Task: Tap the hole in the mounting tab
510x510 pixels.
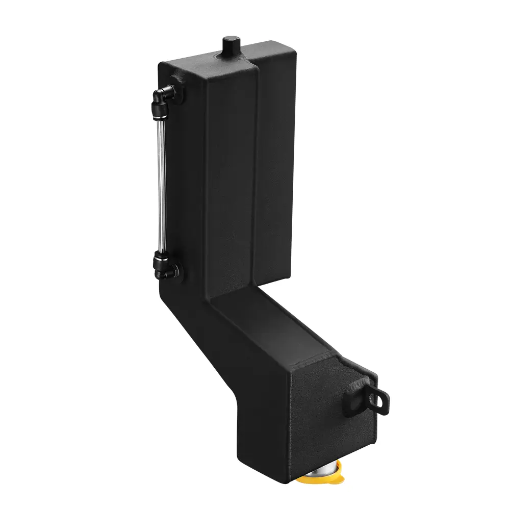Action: (x=380, y=401)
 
